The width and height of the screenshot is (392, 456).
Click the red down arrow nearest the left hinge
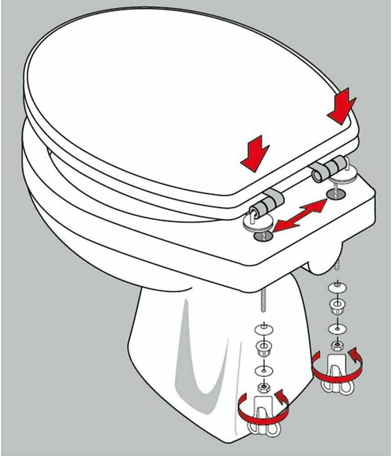[x=255, y=153]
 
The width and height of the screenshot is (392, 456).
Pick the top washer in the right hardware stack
[x=336, y=288]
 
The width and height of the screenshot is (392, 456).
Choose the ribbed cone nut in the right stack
[x=336, y=306]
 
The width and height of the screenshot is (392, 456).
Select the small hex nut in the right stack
[x=336, y=346]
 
